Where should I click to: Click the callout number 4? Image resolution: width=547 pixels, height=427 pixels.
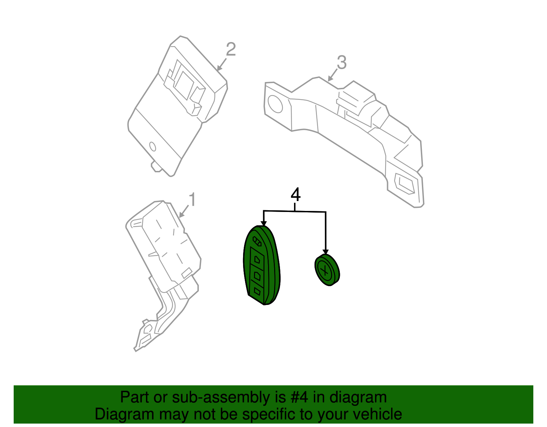[x=296, y=195]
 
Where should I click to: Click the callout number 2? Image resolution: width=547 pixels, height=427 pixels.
[x=231, y=50]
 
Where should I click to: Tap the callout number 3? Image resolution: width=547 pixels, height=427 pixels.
[x=342, y=63]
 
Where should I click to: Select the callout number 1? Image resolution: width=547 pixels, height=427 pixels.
[x=192, y=200]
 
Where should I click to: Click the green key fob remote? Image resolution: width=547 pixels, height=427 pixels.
[x=262, y=265]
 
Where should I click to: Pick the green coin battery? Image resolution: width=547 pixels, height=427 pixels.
[x=327, y=270]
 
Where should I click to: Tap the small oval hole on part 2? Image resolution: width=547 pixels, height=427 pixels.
[x=152, y=146]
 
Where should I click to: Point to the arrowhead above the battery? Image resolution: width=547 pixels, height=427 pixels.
[x=325, y=252]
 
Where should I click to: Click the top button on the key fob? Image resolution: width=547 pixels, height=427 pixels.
[x=257, y=259]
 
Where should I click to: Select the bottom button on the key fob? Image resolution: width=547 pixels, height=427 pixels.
[x=257, y=292]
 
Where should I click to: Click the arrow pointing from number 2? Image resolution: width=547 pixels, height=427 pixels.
[x=222, y=64]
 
